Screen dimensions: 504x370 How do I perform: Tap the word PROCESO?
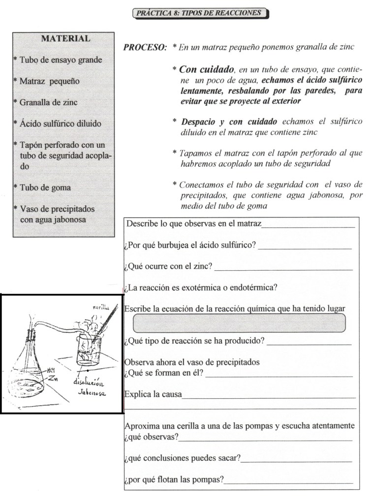click(145, 48)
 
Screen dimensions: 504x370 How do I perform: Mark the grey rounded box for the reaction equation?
click(240, 323)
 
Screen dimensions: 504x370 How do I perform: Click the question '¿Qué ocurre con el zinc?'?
click(169, 267)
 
